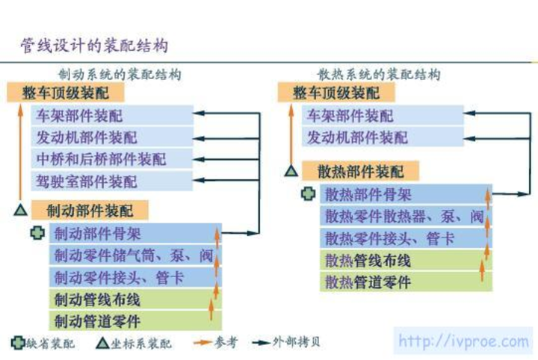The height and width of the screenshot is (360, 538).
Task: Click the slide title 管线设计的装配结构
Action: coord(94,46)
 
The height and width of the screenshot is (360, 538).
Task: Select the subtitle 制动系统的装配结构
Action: coord(120,75)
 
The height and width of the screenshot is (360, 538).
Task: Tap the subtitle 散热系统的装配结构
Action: coord(379,75)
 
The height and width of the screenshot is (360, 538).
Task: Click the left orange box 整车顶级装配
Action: coord(66,93)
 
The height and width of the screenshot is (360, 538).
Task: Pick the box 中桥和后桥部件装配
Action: coord(112,159)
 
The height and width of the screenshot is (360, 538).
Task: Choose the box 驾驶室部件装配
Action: coord(112,181)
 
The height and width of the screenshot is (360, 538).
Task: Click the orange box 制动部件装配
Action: coord(90,211)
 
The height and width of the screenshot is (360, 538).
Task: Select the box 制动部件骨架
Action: coord(135,234)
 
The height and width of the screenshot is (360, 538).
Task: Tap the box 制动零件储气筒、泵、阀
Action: coord(135,255)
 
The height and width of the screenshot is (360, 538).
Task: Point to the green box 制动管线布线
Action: coord(135,300)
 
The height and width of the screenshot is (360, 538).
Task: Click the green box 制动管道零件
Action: coord(135,321)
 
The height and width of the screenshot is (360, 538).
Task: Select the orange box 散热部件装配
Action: coord(361,171)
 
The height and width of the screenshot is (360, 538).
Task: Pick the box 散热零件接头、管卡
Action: coord(406,238)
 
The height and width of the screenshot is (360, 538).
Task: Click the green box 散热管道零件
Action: coord(406,282)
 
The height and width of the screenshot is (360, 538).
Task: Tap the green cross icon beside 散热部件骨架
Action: coord(308,194)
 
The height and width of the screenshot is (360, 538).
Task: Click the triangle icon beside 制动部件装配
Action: coord(21,210)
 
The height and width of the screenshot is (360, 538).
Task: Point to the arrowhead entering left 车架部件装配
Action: coord(199,113)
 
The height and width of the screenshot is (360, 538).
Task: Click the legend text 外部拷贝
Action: coord(296,342)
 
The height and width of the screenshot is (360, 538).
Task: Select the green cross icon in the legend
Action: coord(18,343)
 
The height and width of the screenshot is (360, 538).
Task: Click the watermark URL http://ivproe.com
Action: coord(463,341)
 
